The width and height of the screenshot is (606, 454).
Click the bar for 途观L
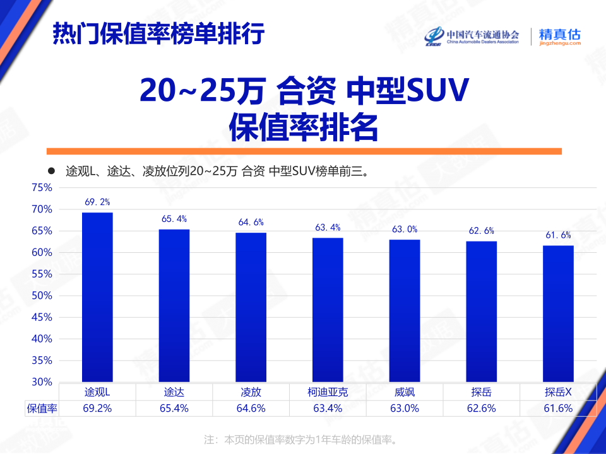pyautogui.click(x=97, y=296)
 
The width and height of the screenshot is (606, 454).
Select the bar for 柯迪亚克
pyautogui.click(x=328, y=309)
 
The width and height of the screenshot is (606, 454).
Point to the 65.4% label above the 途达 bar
pyautogui.click(x=174, y=219)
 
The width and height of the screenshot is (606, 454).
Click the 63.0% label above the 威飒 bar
pyautogui.click(x=405, y=230)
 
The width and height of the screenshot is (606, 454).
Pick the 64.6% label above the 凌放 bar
pyautogui.click(x=251, y=222)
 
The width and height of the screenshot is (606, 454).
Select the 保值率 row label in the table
pyautogui.click(x=42, y=408)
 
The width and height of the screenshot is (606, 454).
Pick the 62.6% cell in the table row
pyautogui.click(x=482, y=408)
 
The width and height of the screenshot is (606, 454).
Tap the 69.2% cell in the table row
pyautogui.click(x=97, y=408)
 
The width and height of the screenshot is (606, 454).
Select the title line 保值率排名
pyautogui.click(x=303, y=128)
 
